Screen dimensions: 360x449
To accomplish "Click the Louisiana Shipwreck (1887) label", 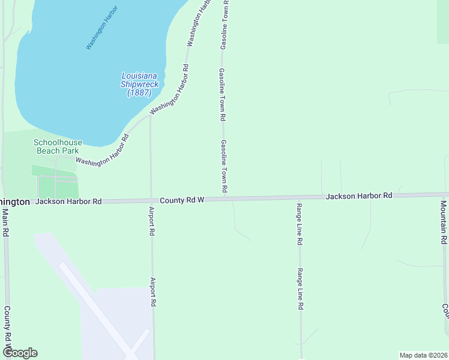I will point(140,85).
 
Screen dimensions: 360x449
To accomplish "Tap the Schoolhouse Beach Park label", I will point(58,146).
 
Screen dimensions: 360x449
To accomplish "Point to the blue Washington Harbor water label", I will point(101,28).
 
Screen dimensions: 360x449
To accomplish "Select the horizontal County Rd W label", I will point(182,200).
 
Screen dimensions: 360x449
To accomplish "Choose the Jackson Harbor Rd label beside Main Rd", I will point(68,202).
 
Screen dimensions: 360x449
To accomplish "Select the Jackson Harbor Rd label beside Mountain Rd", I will point(359,196).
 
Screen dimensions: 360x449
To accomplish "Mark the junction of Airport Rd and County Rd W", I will point(151,201).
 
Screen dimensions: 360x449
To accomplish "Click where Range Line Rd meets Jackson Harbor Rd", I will point(299,198).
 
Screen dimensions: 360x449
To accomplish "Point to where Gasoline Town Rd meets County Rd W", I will point(224,199).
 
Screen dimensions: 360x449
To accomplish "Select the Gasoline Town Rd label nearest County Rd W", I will point(223,167).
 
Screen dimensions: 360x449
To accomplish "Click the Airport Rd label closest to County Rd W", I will point(152,221).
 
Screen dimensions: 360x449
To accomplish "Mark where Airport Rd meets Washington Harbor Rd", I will point(150,116).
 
